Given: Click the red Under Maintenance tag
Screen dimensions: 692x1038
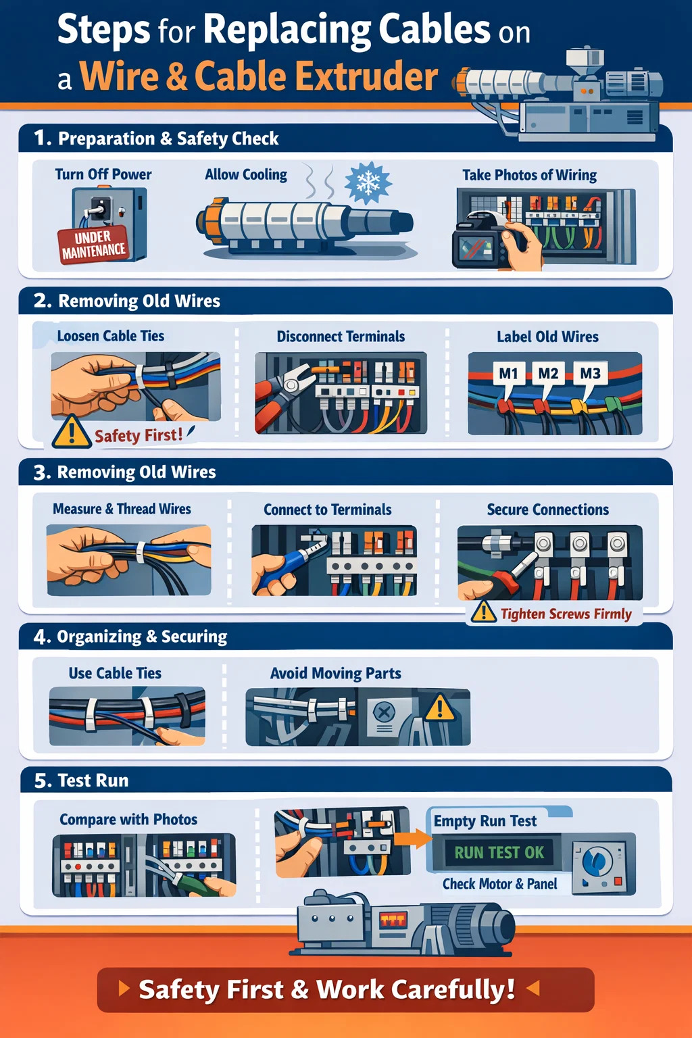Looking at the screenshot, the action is [x=94, y=245].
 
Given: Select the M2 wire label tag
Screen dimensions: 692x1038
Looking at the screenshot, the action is [x=548, y=374].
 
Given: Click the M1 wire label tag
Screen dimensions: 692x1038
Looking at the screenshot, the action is [x=508, y=374].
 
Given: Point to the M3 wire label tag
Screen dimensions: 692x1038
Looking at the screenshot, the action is [x=590, y=374].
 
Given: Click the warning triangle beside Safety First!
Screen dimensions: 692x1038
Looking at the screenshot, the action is [x=72, y=432].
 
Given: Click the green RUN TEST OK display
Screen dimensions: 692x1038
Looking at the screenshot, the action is [x=499, y=852].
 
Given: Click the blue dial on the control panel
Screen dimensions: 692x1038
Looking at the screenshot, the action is [x=597, y=860].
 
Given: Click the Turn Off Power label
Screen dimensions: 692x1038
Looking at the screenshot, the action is [x=103, y=174].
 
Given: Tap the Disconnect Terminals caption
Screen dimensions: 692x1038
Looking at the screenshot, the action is [x=341, y=337].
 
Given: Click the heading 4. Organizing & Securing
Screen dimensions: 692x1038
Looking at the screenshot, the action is [x=130, y=637].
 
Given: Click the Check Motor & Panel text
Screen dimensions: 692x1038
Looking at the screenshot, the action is [x=499, y=884].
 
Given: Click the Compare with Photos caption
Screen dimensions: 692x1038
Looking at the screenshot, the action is [x=128, y=819].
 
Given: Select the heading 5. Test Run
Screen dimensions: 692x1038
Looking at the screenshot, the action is [x=81, y=781].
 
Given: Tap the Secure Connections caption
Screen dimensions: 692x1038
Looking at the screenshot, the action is [x=548, y=510].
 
